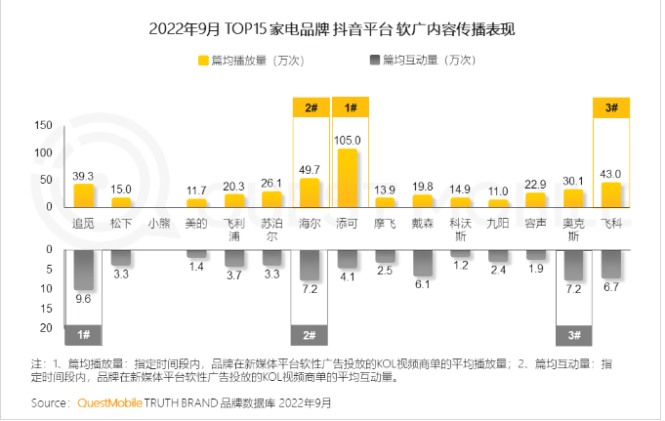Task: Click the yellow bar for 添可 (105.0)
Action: (347, 178)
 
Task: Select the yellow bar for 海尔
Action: (310, 192)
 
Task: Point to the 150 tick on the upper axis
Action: (42, 125)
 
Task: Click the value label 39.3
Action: (85, 176)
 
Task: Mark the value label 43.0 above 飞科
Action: (610, 174)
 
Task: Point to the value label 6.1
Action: (422, 284)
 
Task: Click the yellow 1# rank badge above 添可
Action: (348, 108)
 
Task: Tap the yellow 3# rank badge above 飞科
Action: (610, 108)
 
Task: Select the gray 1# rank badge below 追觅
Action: (84, 335)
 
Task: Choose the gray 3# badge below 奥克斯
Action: (573, 335)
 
